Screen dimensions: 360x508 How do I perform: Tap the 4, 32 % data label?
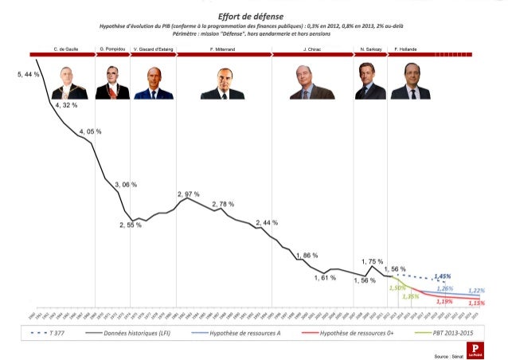[x=66, y=105]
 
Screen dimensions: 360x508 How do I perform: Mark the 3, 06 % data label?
[x=126, y=184]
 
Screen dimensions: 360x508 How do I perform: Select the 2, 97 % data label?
[x=188, y=194]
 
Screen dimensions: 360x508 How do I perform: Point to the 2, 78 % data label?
[x=223, y=205]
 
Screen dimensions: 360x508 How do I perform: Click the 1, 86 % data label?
[x=307, y=256]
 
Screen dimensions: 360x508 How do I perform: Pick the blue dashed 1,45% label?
[x=443, y=276]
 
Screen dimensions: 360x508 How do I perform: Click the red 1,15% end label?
[x=476, y=303]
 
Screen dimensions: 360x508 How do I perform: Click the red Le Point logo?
[x=475, y=350]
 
